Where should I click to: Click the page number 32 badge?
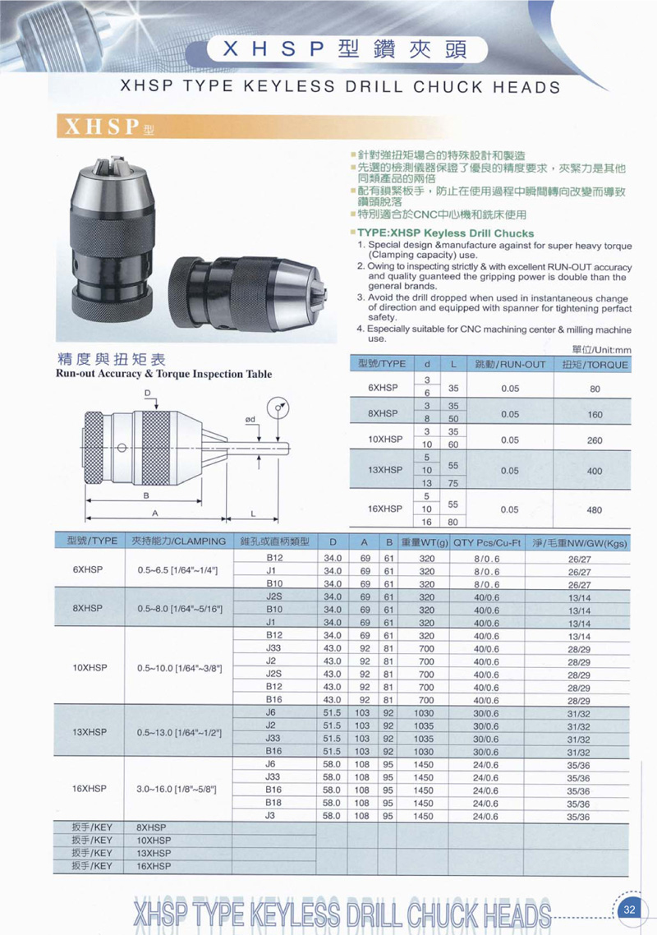(630, 909)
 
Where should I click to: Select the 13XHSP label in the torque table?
(386, 471)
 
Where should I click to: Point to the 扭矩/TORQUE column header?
(595, 364)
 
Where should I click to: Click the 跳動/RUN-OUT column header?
(510, 364)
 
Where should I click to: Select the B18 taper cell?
(274, 803)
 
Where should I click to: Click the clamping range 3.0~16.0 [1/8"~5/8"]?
(177, 789)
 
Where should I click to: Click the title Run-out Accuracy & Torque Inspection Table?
(163, 374)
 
